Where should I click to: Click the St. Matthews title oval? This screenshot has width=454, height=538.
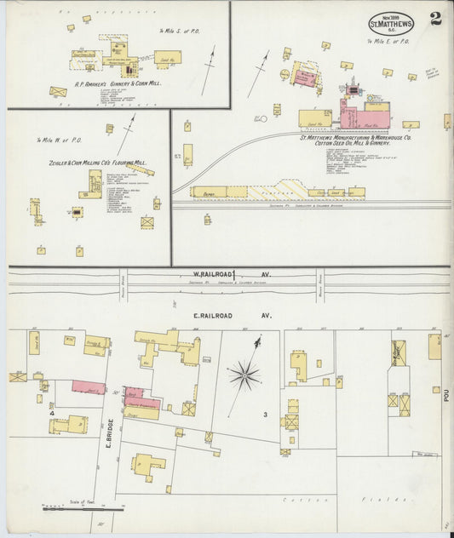[391, 23]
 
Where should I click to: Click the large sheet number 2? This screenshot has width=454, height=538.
[435, 20]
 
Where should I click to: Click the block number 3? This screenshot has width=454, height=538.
[265, 415]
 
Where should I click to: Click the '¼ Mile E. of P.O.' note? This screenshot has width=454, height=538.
[388, 41]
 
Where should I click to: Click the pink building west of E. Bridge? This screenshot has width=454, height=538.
[89, 388]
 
